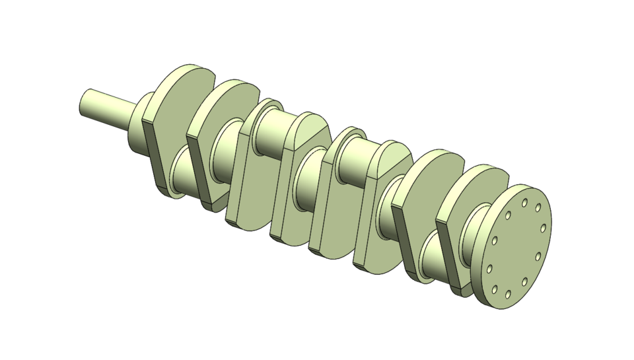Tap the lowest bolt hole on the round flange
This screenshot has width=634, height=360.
pyautogui.click(x=509, y=295)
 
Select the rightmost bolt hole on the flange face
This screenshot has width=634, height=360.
pyautogui.click(x=543, y=228)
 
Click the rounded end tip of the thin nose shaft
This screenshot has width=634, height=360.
pyautogui.click(x=84, y=105)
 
